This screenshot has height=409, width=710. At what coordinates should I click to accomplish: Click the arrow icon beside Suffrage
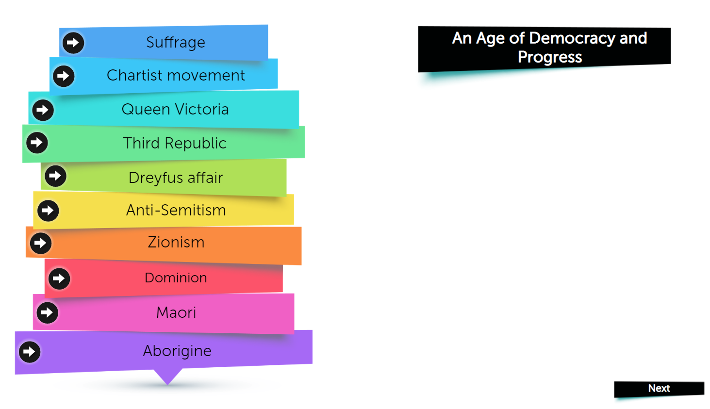[x=73, y=42]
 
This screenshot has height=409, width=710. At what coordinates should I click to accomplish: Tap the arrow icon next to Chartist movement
[x=64, y=76]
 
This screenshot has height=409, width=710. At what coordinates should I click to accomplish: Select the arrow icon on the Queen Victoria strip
[x=43, y=110]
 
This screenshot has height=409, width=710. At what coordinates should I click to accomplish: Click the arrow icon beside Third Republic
[x=37, y=143]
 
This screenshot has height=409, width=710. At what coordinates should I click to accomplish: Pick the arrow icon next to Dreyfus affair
[x=55, y=176]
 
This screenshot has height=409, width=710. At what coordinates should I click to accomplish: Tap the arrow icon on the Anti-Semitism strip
[x=48, y=211]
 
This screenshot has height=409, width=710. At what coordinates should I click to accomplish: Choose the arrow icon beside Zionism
[x=41, y=243]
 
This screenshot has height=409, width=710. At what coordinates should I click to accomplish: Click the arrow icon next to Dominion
[x=59, y=279]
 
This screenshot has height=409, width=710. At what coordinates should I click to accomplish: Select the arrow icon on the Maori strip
[x=48, y=312]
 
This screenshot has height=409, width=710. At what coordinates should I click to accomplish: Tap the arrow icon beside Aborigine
[x=30, y=352]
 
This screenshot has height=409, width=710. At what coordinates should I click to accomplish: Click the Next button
[x=659, y=389]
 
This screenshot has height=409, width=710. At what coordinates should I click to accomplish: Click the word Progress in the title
[x=550, y=57]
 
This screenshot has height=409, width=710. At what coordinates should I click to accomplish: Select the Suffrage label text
[x=176, y=43]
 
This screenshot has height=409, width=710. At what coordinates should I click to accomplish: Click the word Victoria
[x=202, y=109]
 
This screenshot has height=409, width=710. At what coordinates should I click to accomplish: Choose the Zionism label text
[x=176, y=243]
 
